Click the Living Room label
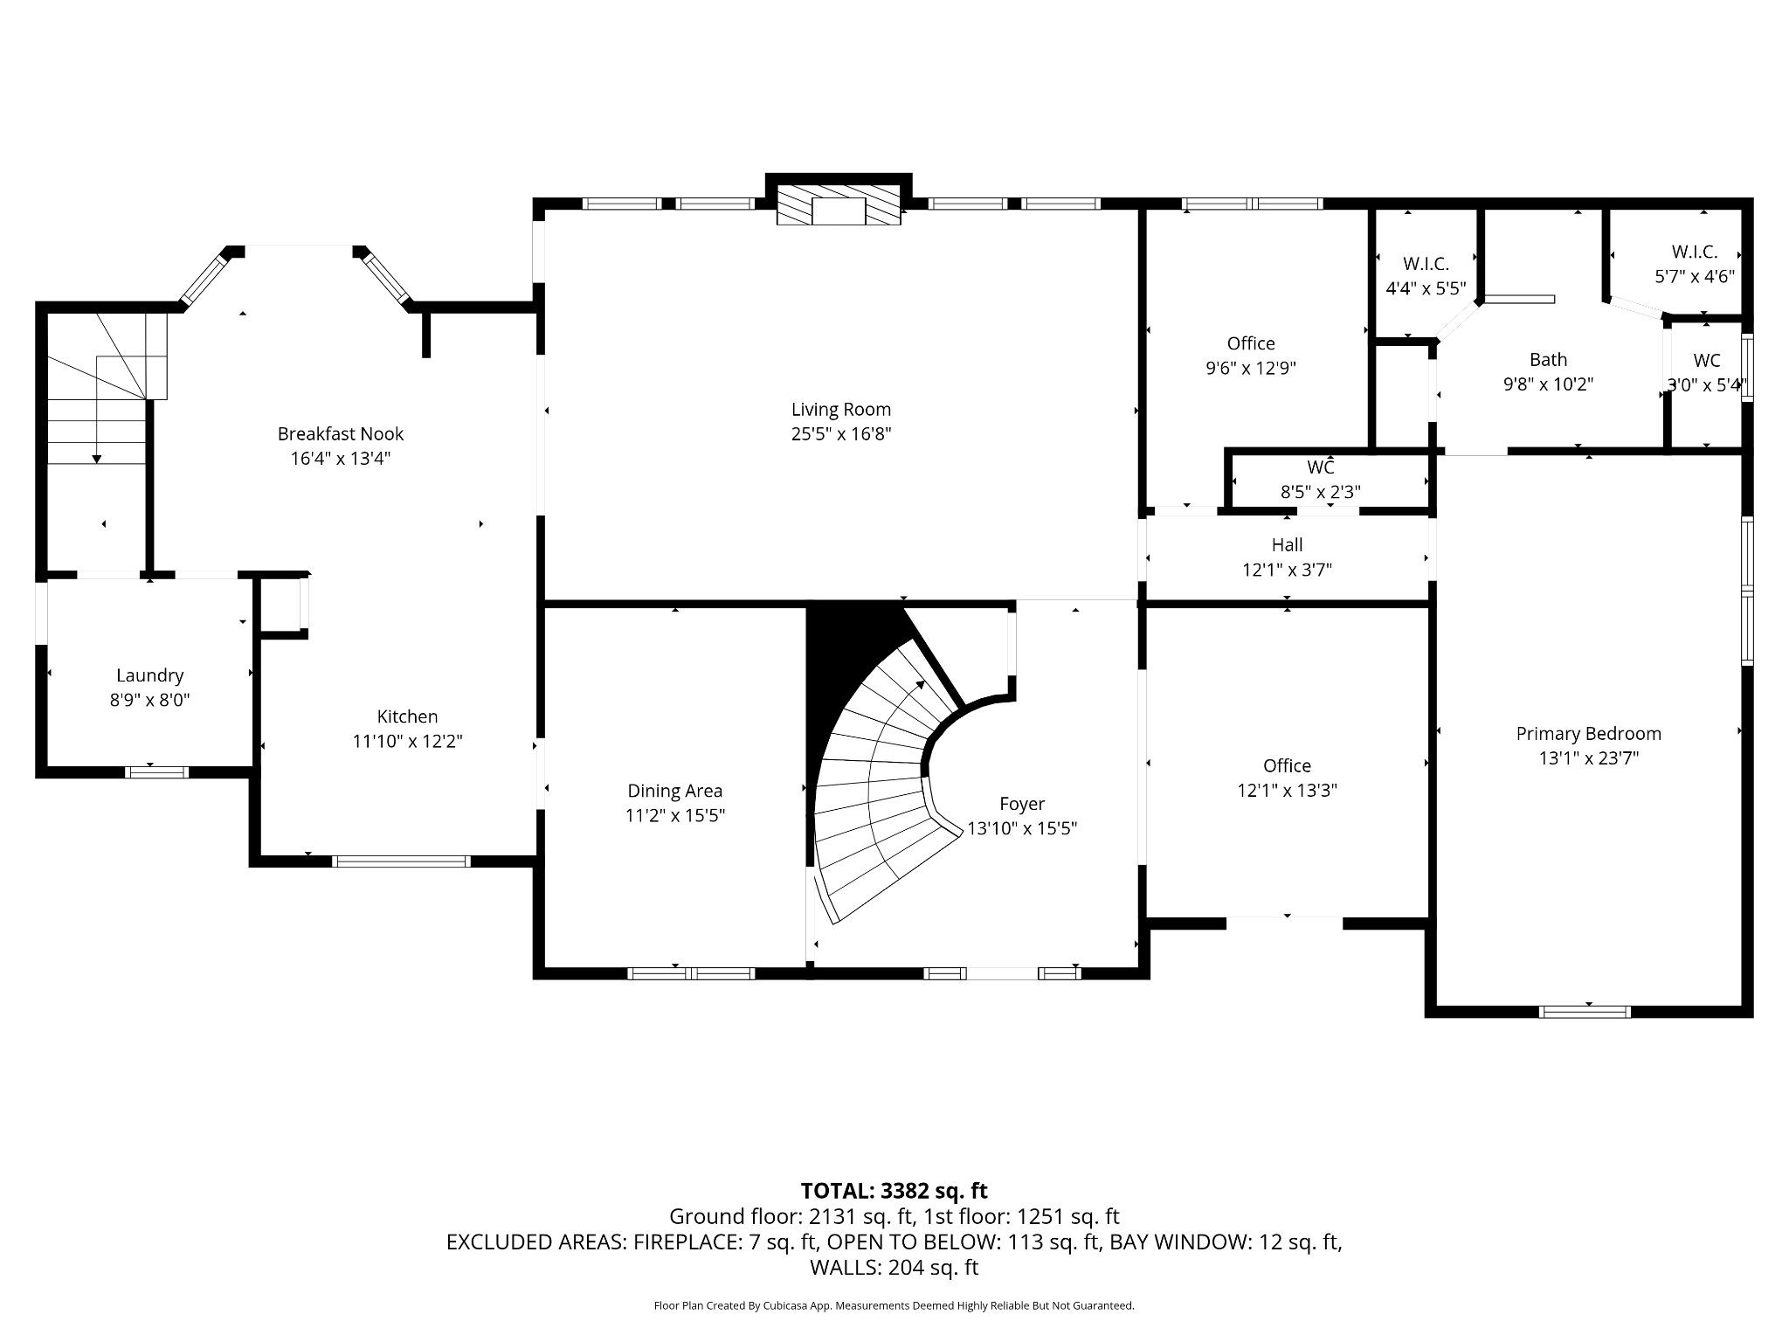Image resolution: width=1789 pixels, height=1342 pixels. pyautogui.click(x=840, y=410)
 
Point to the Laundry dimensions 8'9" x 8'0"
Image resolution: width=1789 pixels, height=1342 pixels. pyautogui.click(x=149, y=700)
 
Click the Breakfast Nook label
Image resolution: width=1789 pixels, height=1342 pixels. pyautogui.click(x=340, y=434)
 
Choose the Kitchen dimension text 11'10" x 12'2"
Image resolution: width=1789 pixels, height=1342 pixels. pyautogui.click(x=407, y=742)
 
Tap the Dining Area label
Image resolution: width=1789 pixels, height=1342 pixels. pyautogui.click(x=674, y=792)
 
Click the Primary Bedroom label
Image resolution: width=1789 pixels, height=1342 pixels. pyautogui.click(x=1588, y=734)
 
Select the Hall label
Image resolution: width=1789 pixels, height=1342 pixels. pyautogui.click(x=1287, y=545)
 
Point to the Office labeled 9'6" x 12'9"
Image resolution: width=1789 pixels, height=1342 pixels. pyautogui.click(x=1251, y=344)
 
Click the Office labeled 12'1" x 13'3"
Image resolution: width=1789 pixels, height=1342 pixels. pyautogui.click(x=1287, y=766)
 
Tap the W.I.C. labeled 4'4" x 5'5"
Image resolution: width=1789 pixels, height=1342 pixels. pyautogui.click(x=1426, y=264)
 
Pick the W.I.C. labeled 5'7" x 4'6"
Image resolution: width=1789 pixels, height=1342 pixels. pyautogui.click(x=1694, y=252)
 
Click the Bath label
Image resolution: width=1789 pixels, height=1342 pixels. pyautogui.click(x=1548, y=360)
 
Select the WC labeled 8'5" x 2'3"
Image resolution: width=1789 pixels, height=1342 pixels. pyautogui.click(x=1320, y=468)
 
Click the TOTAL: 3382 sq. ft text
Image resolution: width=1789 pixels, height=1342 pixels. pyautogui.click(x=894, y=1191)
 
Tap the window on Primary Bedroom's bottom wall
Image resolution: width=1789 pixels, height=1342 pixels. pyautogui.click(x=1584, y=1012)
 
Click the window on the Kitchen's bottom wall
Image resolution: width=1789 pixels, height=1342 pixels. pyautogui.click(x=402, y=861)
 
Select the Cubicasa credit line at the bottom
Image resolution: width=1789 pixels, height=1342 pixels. pyautogui.click(x=894, y=1305)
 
